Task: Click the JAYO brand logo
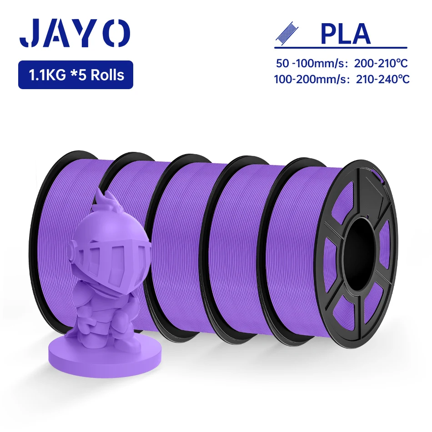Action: click(x=75, y=33)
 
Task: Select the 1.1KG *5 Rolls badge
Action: click(x=75, y=75)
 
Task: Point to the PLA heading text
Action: click(x=346, y=34)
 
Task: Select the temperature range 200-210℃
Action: click(x=381, y=63)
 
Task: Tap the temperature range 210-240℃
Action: click(x=383, y=79)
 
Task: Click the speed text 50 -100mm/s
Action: click(x=311, y=63)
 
